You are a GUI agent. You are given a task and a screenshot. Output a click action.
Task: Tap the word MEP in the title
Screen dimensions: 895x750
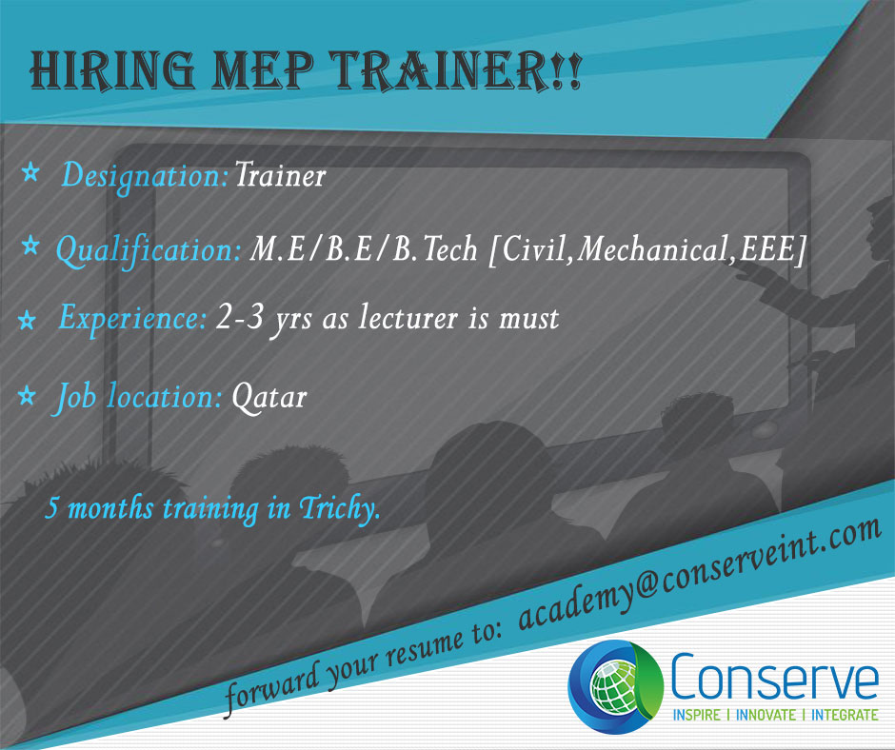pos(262,70)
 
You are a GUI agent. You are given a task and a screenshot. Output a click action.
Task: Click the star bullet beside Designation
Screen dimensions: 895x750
pos(30,172)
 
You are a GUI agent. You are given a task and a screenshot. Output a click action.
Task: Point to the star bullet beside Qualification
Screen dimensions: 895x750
pos(30,247)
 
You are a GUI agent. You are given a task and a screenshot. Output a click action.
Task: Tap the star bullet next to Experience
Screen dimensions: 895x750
pos(27,320)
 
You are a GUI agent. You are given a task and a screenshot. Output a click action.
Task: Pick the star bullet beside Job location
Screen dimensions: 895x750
pos(27,395)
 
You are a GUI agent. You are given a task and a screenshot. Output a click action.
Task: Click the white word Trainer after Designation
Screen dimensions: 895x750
pos(280,175)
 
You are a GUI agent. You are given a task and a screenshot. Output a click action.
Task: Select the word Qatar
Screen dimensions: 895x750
pos(269,397)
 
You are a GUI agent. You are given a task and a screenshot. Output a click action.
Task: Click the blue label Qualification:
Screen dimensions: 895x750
pos(149,251)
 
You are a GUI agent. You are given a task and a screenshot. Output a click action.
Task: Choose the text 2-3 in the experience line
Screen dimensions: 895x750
pos(240,317)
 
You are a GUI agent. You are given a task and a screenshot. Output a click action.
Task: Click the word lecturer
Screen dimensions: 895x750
pos(408,317)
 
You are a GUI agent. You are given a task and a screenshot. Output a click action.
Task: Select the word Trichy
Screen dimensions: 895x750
pos(339,507)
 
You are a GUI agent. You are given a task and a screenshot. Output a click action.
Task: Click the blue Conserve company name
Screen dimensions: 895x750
pos(774,677)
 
